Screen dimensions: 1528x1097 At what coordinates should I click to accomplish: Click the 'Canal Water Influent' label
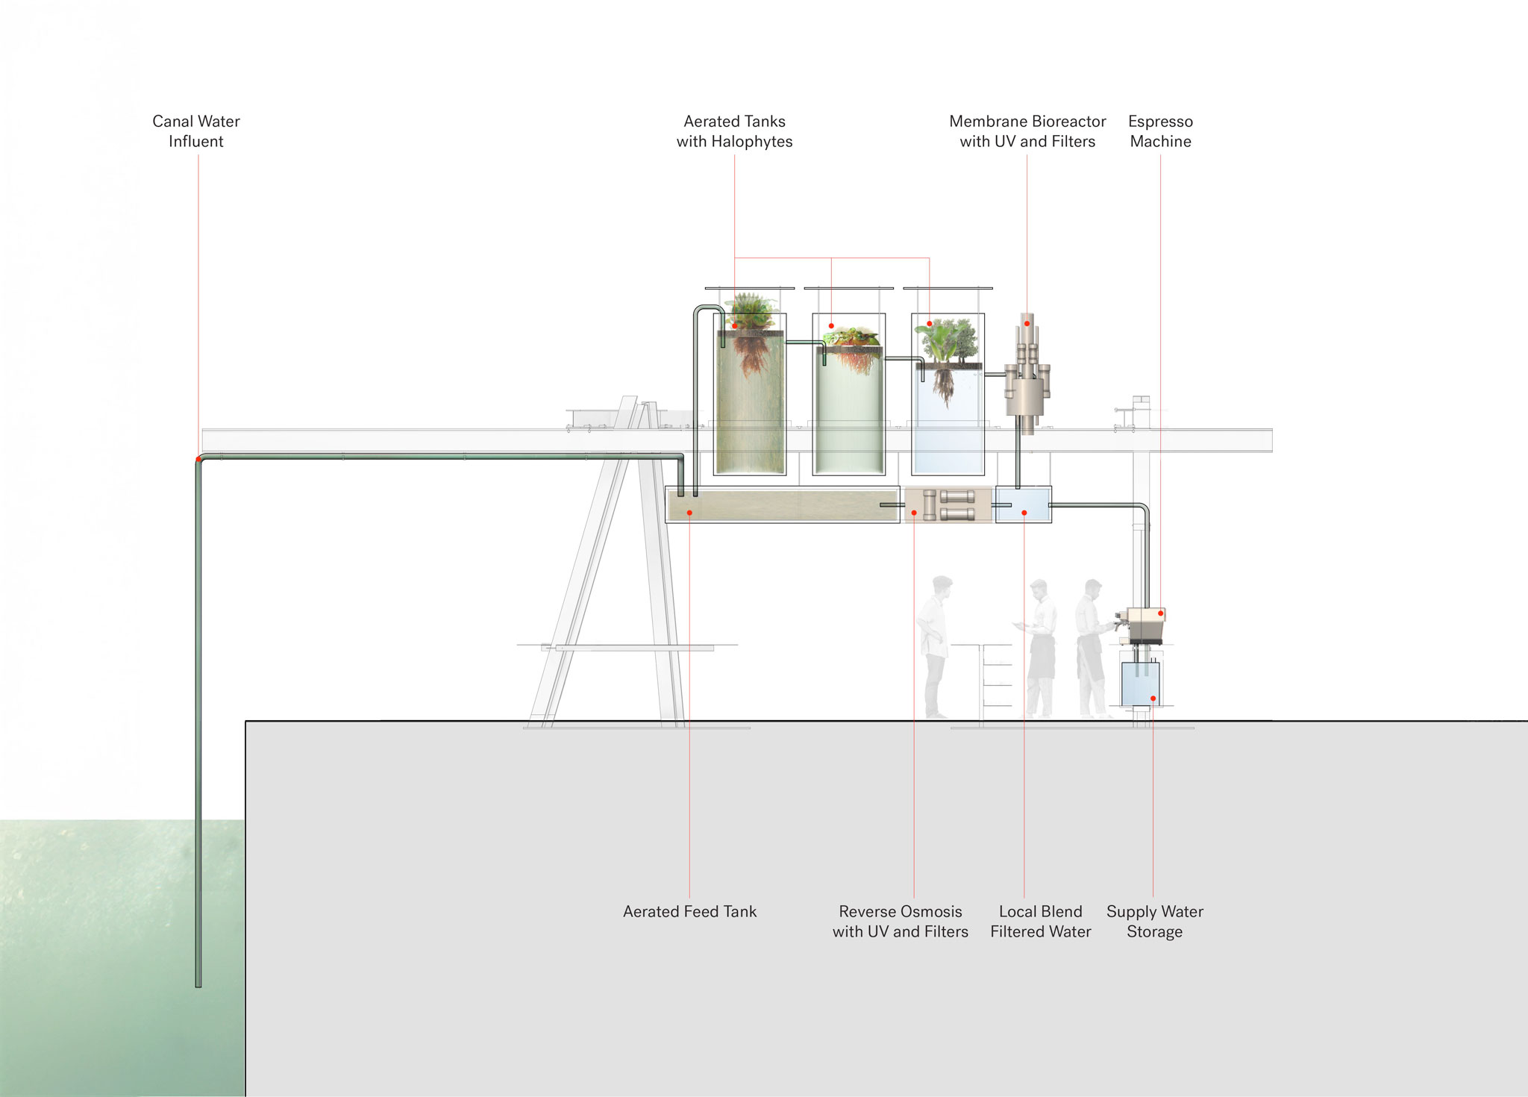click(x=196, y=131)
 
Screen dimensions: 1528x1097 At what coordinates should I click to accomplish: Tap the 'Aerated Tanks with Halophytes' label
click(x=734, y=131)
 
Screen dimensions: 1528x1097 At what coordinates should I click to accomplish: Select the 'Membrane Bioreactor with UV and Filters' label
click(x=1027, y=131)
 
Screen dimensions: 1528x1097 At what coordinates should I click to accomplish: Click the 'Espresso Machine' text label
click(x=1160, y=131)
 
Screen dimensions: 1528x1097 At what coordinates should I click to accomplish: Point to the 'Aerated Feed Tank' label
click(x=689, y=911)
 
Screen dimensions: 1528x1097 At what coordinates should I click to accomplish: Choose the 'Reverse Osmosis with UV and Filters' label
click(x=901, y=922)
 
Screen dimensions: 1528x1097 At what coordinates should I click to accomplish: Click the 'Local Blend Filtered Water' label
click(x=1040, y=922)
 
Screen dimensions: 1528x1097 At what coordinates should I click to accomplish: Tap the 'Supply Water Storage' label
click(x=1154, y=922)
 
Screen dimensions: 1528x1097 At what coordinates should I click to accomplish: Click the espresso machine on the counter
click(x=1142, y=625)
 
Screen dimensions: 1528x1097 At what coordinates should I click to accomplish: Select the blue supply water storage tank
click(x=1141, y=684)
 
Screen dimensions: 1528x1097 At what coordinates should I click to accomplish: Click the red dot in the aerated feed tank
click(x=689, y=513)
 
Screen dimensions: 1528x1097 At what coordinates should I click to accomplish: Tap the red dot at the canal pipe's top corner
click(x=198, y=459)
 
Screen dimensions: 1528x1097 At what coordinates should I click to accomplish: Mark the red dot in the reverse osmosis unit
click(x=914, y=513)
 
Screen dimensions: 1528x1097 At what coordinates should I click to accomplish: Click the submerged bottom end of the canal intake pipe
click(x=198, y=986)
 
